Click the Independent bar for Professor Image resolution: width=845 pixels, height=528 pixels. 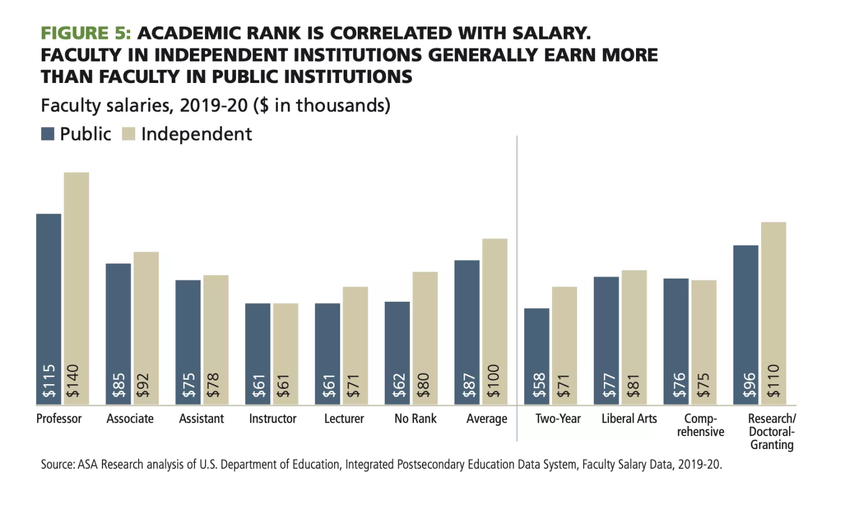click(x=76, y=282)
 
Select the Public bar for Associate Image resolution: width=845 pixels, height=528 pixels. click(x=118, y=327)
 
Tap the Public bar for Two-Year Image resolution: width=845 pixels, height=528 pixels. click(x=536, y=350)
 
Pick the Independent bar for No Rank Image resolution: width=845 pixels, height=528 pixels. click(x=425, y=333)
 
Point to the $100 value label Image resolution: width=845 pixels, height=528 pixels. click(x=494, y=381)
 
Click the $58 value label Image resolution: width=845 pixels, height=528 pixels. click(x=539, y=385)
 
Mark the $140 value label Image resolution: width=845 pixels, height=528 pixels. click(x=73, y=381)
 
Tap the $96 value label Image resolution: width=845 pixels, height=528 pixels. click(x=749, y=385)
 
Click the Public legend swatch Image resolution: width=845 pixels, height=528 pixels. click(x=48, y=134)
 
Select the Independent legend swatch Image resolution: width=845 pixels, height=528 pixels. click(x=129, y=134)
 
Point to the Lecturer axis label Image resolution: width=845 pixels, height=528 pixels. click(x=344, y=419)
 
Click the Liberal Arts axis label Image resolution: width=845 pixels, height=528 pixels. click(x=629, y=419)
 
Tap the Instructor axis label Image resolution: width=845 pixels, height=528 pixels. click(x=273, y=419)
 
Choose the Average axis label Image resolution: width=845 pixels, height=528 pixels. click(x=487, y=419)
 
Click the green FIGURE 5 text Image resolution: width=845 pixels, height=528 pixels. click(x=86, y=33)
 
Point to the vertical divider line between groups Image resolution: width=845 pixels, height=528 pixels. click(x=517, y=282)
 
